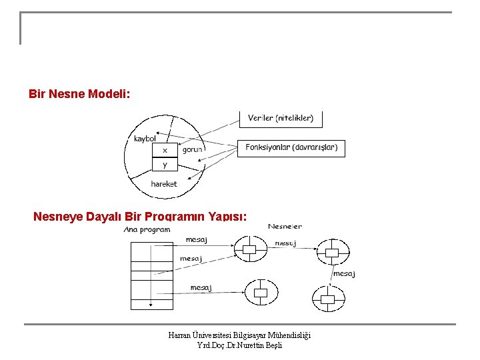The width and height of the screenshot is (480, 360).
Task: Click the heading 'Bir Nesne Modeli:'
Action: click(x=79, y=94)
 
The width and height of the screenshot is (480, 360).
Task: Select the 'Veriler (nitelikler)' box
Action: click(x=281, y=119)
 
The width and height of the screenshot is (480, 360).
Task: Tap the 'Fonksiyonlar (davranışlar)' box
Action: click(x=291, y=147)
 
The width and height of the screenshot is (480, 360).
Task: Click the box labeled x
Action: click(x=165, y=149)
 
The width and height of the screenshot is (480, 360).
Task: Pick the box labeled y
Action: click(x=165, y=164)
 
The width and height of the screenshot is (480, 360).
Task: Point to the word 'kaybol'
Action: click(x=145, y=139)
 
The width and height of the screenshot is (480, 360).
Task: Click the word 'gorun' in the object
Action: click(x=193, y=149)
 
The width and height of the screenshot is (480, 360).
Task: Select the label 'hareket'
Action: click(x=164, y=184)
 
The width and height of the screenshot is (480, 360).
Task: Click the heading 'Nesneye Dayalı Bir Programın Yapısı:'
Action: click(x=140, y=217)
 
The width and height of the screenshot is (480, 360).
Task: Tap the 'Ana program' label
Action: click(x=147, y=229)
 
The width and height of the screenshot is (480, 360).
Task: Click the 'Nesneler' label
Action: click(x=285, y=227)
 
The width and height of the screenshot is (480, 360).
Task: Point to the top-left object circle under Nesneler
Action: click(x=249, y=251)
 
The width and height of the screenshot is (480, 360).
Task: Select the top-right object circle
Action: click(x=331, y=253)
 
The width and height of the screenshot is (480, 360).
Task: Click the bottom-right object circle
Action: click(x=328, y=299)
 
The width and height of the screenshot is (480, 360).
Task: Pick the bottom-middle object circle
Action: click(x=260, y=293)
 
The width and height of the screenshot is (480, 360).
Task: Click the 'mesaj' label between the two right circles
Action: click(x=344, y=273)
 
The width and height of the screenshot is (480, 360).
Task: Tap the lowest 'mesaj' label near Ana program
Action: click(x=201, y=287)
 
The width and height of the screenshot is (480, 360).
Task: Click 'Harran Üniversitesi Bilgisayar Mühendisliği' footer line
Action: click(x=239, y=335)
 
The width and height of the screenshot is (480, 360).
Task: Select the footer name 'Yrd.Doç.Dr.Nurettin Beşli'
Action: click(x=239, y=345)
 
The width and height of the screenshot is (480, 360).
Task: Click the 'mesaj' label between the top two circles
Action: click(x=285, y=243)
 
